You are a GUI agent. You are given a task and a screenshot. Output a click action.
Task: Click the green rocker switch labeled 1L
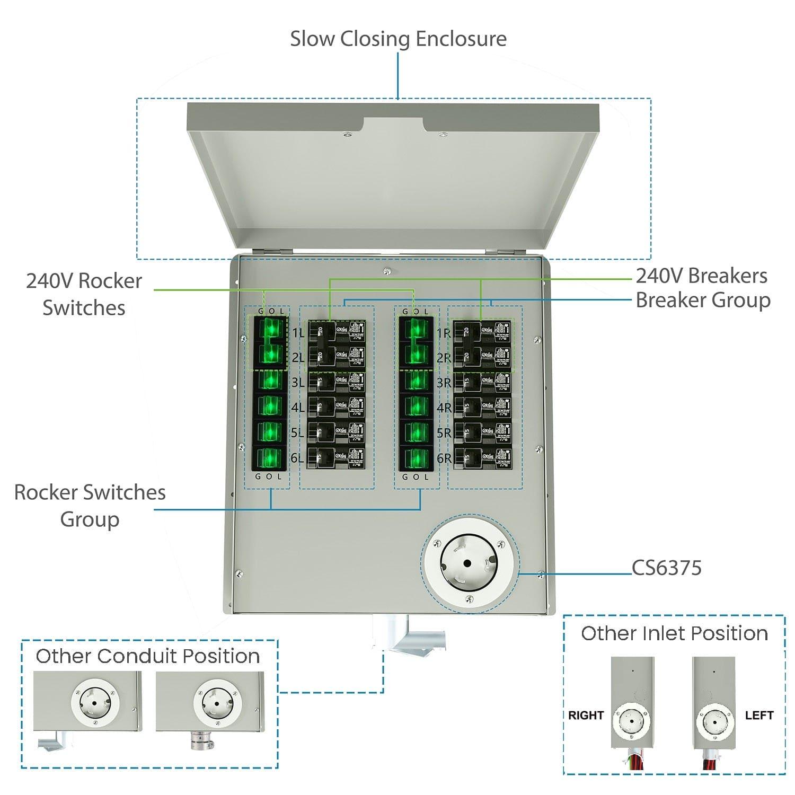[x=270, y=330]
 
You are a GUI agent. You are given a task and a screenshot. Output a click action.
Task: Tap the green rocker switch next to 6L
[x=270, y=458]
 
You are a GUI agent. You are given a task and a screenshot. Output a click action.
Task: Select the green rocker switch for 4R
[x=417, y=407]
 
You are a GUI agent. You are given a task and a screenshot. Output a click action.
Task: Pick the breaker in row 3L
[x=337, y=382]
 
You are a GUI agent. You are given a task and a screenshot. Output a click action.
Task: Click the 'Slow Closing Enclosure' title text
[x=398, y=39]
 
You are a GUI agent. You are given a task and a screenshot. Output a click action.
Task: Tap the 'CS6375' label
[x=667, y=568]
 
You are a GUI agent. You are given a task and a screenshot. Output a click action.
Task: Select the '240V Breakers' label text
[x=701, y=276]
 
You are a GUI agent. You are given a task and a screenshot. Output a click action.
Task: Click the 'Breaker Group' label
[x=703, y=300]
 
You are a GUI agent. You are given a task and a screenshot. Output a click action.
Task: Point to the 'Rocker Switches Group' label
[x=90, y=506]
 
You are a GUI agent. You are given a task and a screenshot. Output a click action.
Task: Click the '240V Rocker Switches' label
[x=84, y=294]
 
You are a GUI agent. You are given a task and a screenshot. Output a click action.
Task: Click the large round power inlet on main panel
[x=469, y=563]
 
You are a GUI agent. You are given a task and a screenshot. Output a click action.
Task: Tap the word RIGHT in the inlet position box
[x=586, y=715]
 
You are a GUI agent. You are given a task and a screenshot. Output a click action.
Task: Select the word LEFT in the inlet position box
[x=759, y=715]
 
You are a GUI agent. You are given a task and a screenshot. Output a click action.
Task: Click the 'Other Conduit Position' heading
[x=148, y=656]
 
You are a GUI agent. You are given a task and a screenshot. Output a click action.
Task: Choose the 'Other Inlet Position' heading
[x=674, y=633]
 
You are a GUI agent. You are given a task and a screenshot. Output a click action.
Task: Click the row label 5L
[x=297, y=433]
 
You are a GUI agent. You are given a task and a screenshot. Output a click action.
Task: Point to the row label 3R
[x=444, y=383]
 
